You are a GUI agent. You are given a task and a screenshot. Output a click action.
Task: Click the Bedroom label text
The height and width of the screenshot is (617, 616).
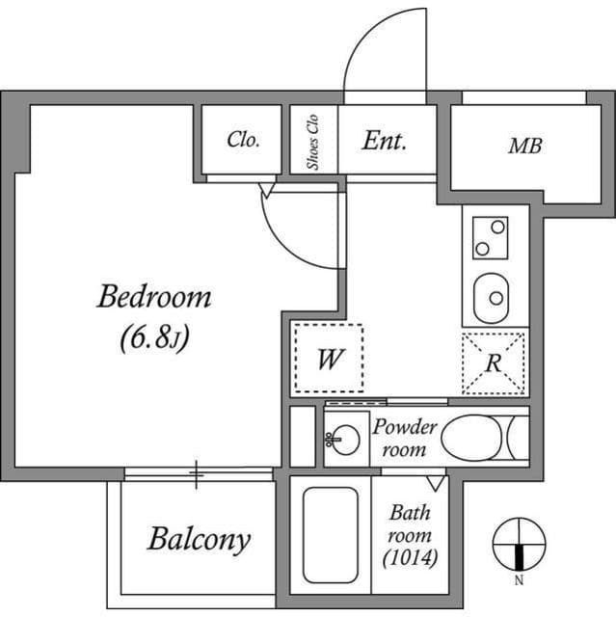pyautogui.click(x=153, y=297)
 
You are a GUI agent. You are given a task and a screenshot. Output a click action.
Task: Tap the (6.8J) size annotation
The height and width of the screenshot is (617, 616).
pyautogui.click(x=154, y=338)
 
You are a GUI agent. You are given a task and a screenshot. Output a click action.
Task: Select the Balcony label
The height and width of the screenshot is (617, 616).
pyautogui.click(x=199, y=539)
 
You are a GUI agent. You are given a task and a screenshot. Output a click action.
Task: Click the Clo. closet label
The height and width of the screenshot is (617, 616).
pyautogui.click(x=243, y=140)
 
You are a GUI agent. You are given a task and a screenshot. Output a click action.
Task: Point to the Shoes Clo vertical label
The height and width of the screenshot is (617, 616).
pyautogui.click(x=313, y=141)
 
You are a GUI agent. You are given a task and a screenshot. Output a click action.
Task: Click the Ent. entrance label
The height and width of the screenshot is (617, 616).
pyautogui.click(x=385, y=141)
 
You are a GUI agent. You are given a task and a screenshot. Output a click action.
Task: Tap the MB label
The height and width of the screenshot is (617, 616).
pyautogui.click(x=525, y=147)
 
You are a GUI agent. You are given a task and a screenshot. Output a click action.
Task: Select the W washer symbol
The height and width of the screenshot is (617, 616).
pyautogui.click(x=329, y=359)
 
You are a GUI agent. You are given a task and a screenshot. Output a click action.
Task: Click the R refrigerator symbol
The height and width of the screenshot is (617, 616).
pyautogui.click(x=494, y=363)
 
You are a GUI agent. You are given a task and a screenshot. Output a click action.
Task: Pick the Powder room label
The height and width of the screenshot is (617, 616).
pyautogui.click(x=405, y=438)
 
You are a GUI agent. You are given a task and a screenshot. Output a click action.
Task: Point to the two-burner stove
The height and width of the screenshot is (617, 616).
pyautogui.click(x=491, y=237)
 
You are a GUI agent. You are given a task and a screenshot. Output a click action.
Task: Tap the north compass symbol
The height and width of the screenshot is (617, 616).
pyautogui.click(x=519, y=546)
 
